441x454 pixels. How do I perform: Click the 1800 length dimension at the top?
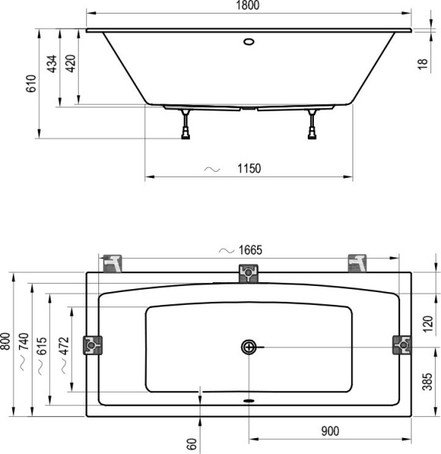249,6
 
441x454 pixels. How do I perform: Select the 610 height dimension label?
31,84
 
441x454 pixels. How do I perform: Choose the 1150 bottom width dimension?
248,169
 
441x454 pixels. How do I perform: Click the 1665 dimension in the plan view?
248,250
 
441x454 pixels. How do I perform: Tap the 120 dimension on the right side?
427,325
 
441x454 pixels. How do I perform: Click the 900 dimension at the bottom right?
329,431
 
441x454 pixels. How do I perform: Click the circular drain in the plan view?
249,347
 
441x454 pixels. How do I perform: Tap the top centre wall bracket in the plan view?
248,273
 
